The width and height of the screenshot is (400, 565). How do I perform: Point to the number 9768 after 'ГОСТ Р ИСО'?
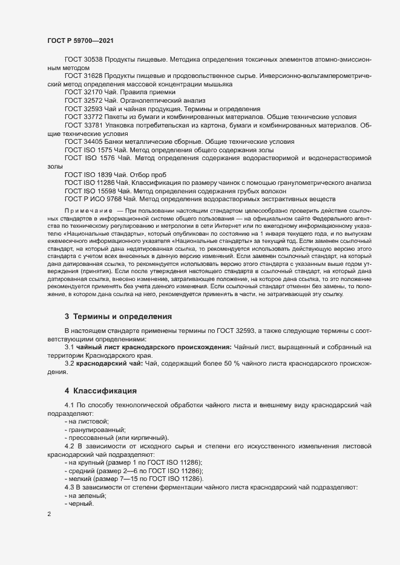116,198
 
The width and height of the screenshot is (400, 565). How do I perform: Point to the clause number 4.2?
69,445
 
